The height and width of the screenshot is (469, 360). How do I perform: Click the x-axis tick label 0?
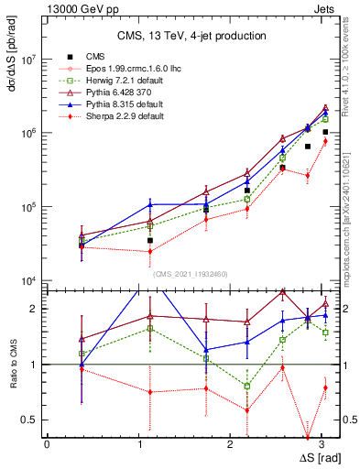[46, 444]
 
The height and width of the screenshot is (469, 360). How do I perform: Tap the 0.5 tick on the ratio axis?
[32, 420]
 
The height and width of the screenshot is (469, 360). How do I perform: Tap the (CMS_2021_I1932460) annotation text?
[191, 273]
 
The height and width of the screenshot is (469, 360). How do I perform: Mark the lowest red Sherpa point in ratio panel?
[308, 437]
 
